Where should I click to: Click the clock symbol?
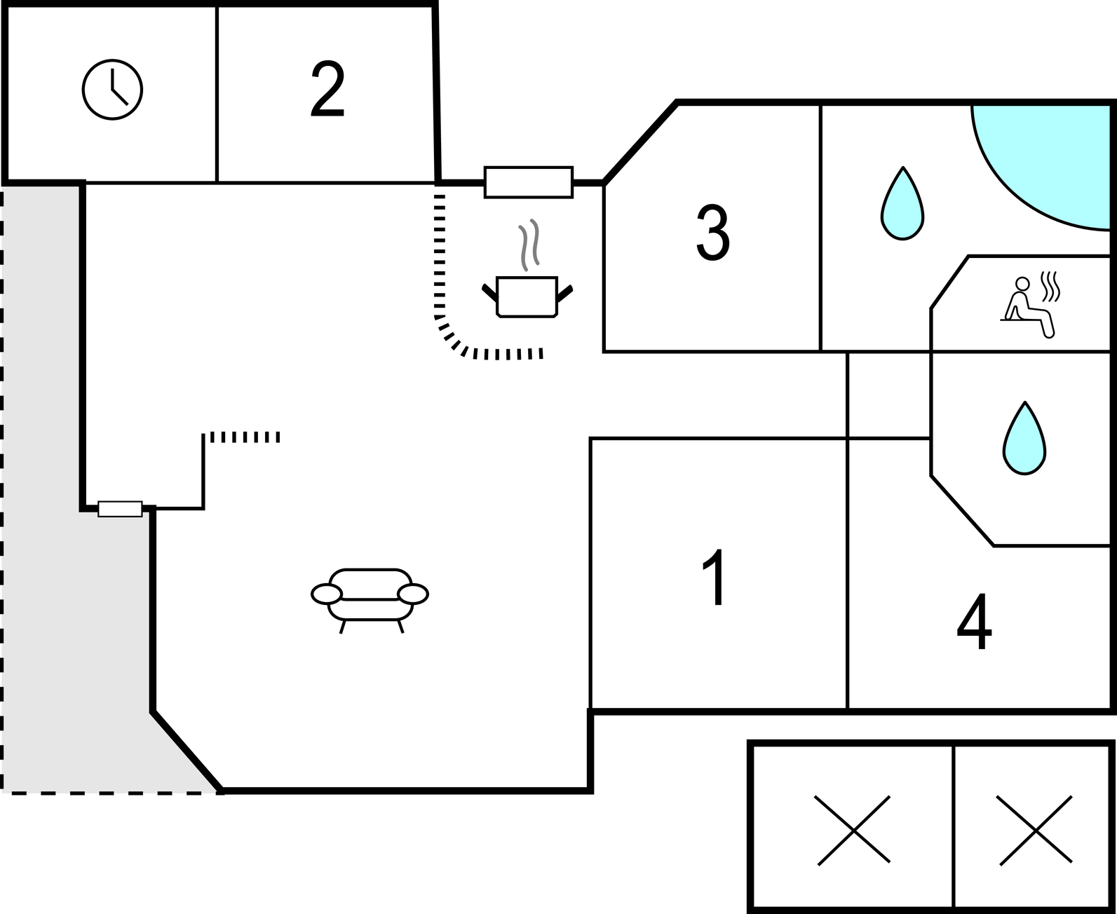tap(112, 90)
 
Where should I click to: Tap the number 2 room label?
tap(327, 89)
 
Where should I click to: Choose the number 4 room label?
tap(975, 621)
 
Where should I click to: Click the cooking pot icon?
tap(527, 296)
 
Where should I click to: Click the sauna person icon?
tap(1029, 306)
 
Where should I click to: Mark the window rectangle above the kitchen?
tap(529, 182)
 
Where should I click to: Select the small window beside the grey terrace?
tap(120, 509)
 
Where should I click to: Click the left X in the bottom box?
tap(853, 831)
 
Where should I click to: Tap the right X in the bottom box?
tap(1035, 831)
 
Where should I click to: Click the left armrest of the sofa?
tap(327, 594)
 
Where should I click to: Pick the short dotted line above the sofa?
tap(245, 437)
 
